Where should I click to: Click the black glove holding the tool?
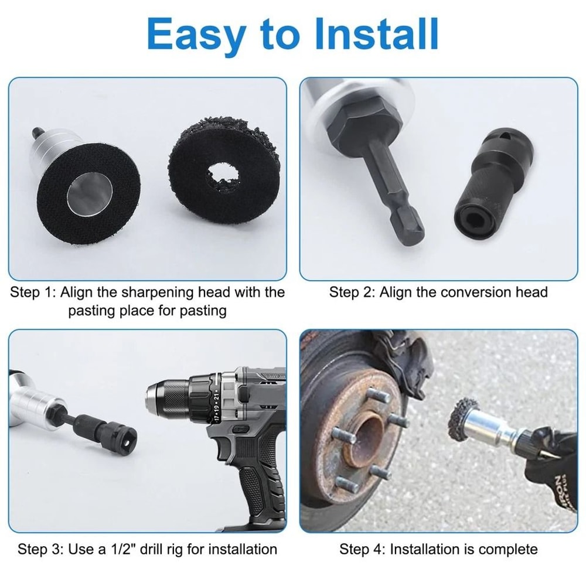[545, 463]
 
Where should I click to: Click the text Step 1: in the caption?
[33, 292]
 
